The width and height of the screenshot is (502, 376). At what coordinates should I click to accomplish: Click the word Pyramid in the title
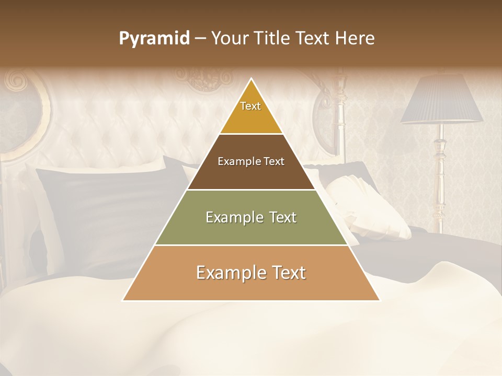(154, 39)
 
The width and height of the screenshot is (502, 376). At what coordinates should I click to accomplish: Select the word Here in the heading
(355, 39)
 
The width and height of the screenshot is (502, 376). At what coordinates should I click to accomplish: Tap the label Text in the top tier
(250, 106)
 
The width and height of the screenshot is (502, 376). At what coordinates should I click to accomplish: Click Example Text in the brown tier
(251, 161)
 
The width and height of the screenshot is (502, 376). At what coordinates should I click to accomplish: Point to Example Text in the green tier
(251, 217)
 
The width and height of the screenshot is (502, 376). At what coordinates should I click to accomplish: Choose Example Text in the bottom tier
(251, 273)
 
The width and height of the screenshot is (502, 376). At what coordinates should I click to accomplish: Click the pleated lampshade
(442, 99)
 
